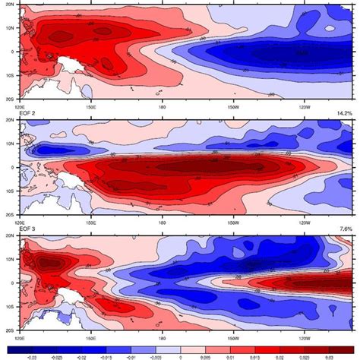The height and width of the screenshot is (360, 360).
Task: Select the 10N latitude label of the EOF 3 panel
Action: pyautogui.click(x=7, y=260)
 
